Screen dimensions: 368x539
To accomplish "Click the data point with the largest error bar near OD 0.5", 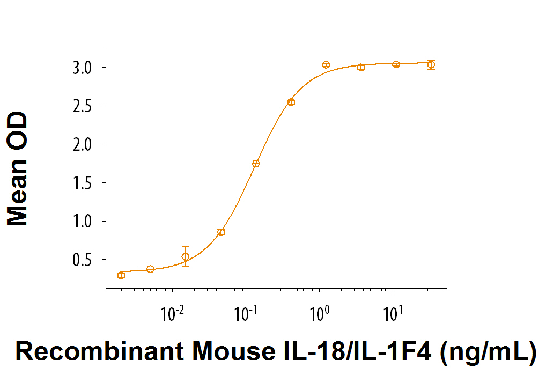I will point(186,256).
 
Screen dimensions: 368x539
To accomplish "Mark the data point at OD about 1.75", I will point(256,164).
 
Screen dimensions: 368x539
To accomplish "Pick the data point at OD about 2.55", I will point(291,102).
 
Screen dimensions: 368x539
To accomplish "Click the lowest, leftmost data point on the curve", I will point(121,275).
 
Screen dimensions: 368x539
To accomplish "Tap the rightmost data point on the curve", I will point(431,64).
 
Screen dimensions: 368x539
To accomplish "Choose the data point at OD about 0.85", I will point(221,232).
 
